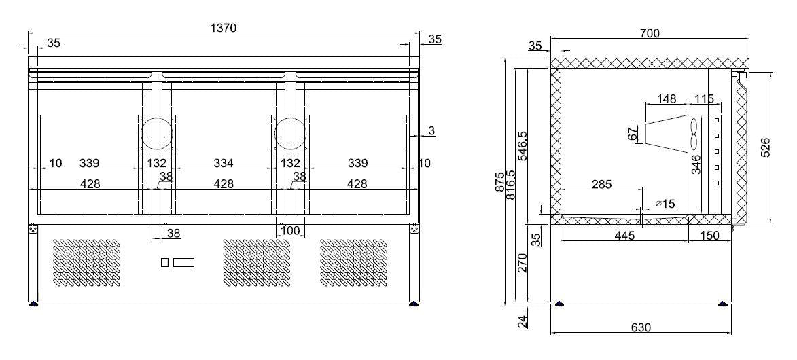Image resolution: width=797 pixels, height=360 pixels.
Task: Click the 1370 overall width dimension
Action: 224,28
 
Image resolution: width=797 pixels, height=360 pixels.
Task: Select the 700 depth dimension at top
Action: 650,33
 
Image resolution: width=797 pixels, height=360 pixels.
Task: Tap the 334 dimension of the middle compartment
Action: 224,163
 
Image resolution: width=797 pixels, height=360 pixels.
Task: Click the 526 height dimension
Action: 764,147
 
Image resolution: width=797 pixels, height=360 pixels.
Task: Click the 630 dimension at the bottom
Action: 641,327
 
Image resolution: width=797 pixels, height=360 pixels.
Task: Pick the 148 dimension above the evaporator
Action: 667,99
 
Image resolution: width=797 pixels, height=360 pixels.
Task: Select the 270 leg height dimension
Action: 522,263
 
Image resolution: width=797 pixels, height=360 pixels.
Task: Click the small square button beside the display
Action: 164,262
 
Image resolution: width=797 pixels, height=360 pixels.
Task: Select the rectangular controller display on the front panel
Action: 184,262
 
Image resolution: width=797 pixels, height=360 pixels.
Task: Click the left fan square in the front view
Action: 157,132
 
